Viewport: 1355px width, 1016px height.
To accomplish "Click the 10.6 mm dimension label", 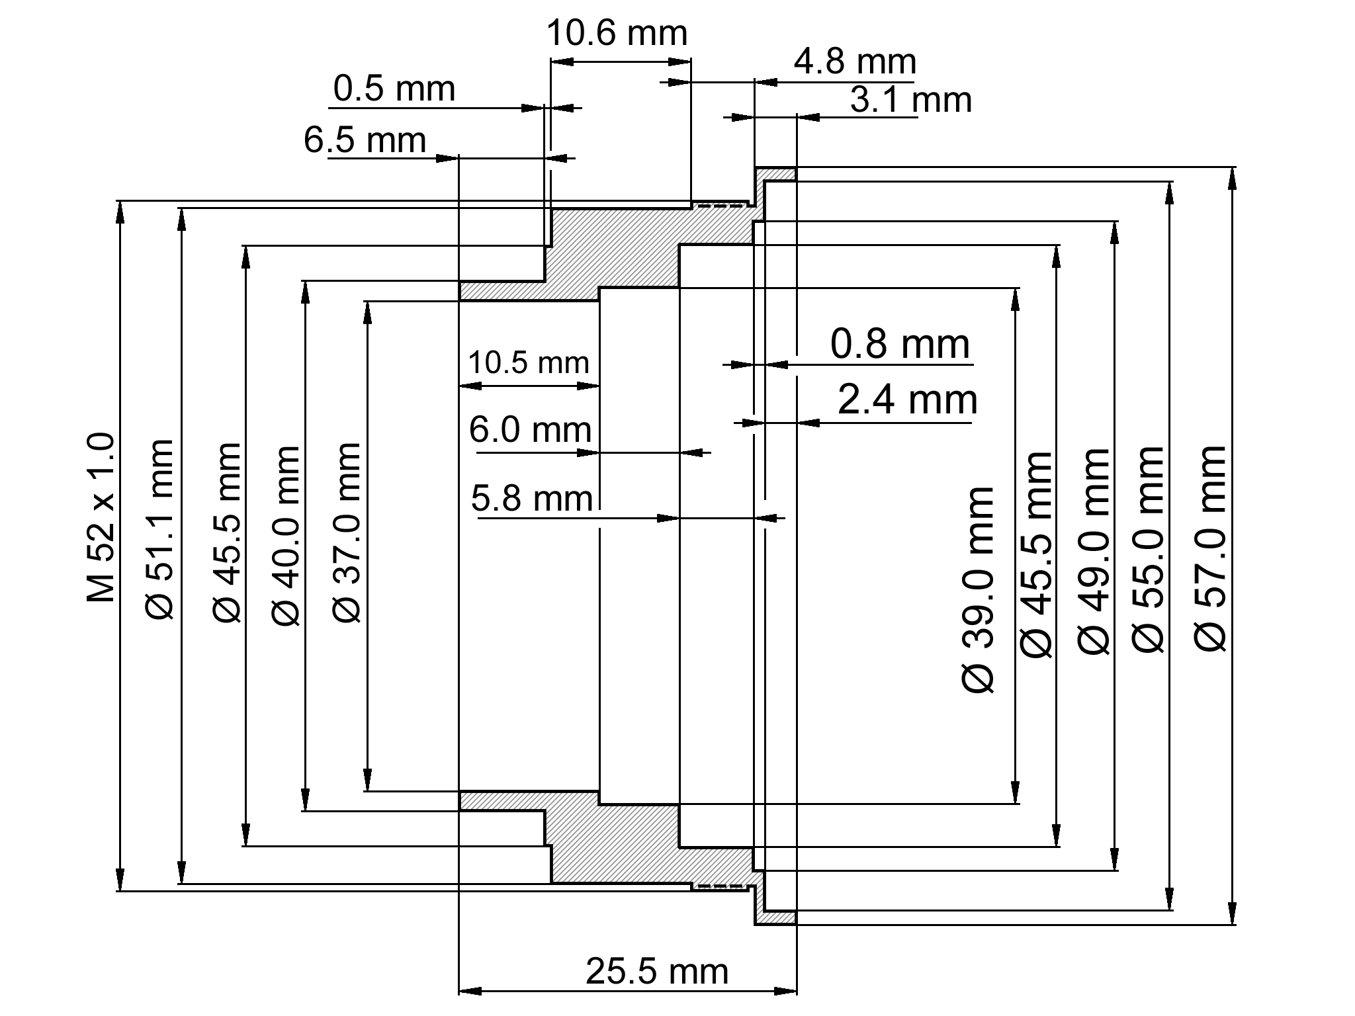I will [x=617, y=34].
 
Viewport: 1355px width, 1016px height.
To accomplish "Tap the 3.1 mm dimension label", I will [x=910, y=101].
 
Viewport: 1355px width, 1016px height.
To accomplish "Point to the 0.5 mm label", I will [x=394, y=89].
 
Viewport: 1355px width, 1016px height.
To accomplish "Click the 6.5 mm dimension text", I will [x=365, y=140].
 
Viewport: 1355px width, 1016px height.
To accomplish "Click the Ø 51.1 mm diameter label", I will [x=159, y=529].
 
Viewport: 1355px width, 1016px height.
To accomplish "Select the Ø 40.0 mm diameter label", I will [x=286, y=536].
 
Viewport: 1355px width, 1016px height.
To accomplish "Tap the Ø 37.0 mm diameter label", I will [x=347, y=533].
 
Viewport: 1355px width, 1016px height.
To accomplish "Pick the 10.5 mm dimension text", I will [x=528, y=363].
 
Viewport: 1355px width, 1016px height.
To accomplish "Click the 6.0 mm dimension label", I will [x=530, y=430].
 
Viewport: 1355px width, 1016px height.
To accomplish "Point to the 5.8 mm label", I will [x=531, y=499].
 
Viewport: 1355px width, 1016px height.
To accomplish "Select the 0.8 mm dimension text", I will [x=900, y=345].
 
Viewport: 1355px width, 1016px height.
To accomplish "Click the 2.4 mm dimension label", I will [x=907, y=400].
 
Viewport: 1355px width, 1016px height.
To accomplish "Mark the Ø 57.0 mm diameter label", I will [x=1211, y=549].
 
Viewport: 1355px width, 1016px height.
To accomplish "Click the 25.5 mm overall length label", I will [x=656, y=972].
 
